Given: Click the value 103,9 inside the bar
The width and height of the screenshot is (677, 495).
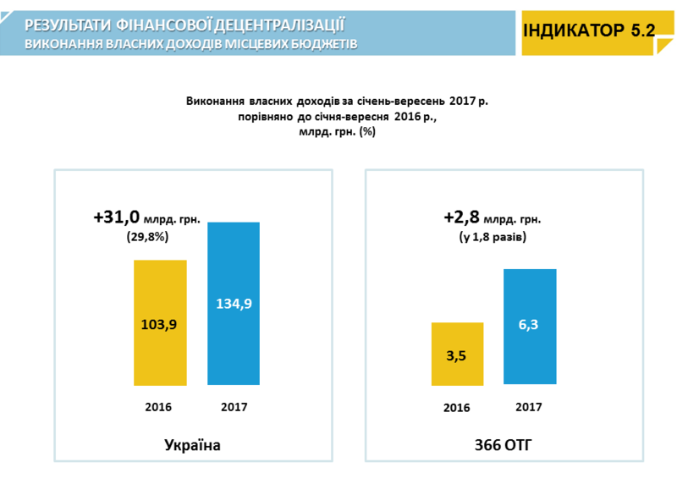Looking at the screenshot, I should pos(160,323).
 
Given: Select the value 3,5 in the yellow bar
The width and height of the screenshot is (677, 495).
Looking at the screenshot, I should pos(456,355).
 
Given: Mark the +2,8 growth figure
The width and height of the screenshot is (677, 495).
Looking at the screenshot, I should pos(461,218).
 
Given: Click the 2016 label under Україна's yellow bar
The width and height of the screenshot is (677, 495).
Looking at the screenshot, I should pos(158,407).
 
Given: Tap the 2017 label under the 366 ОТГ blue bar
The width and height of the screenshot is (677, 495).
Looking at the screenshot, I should pos(529,406).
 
